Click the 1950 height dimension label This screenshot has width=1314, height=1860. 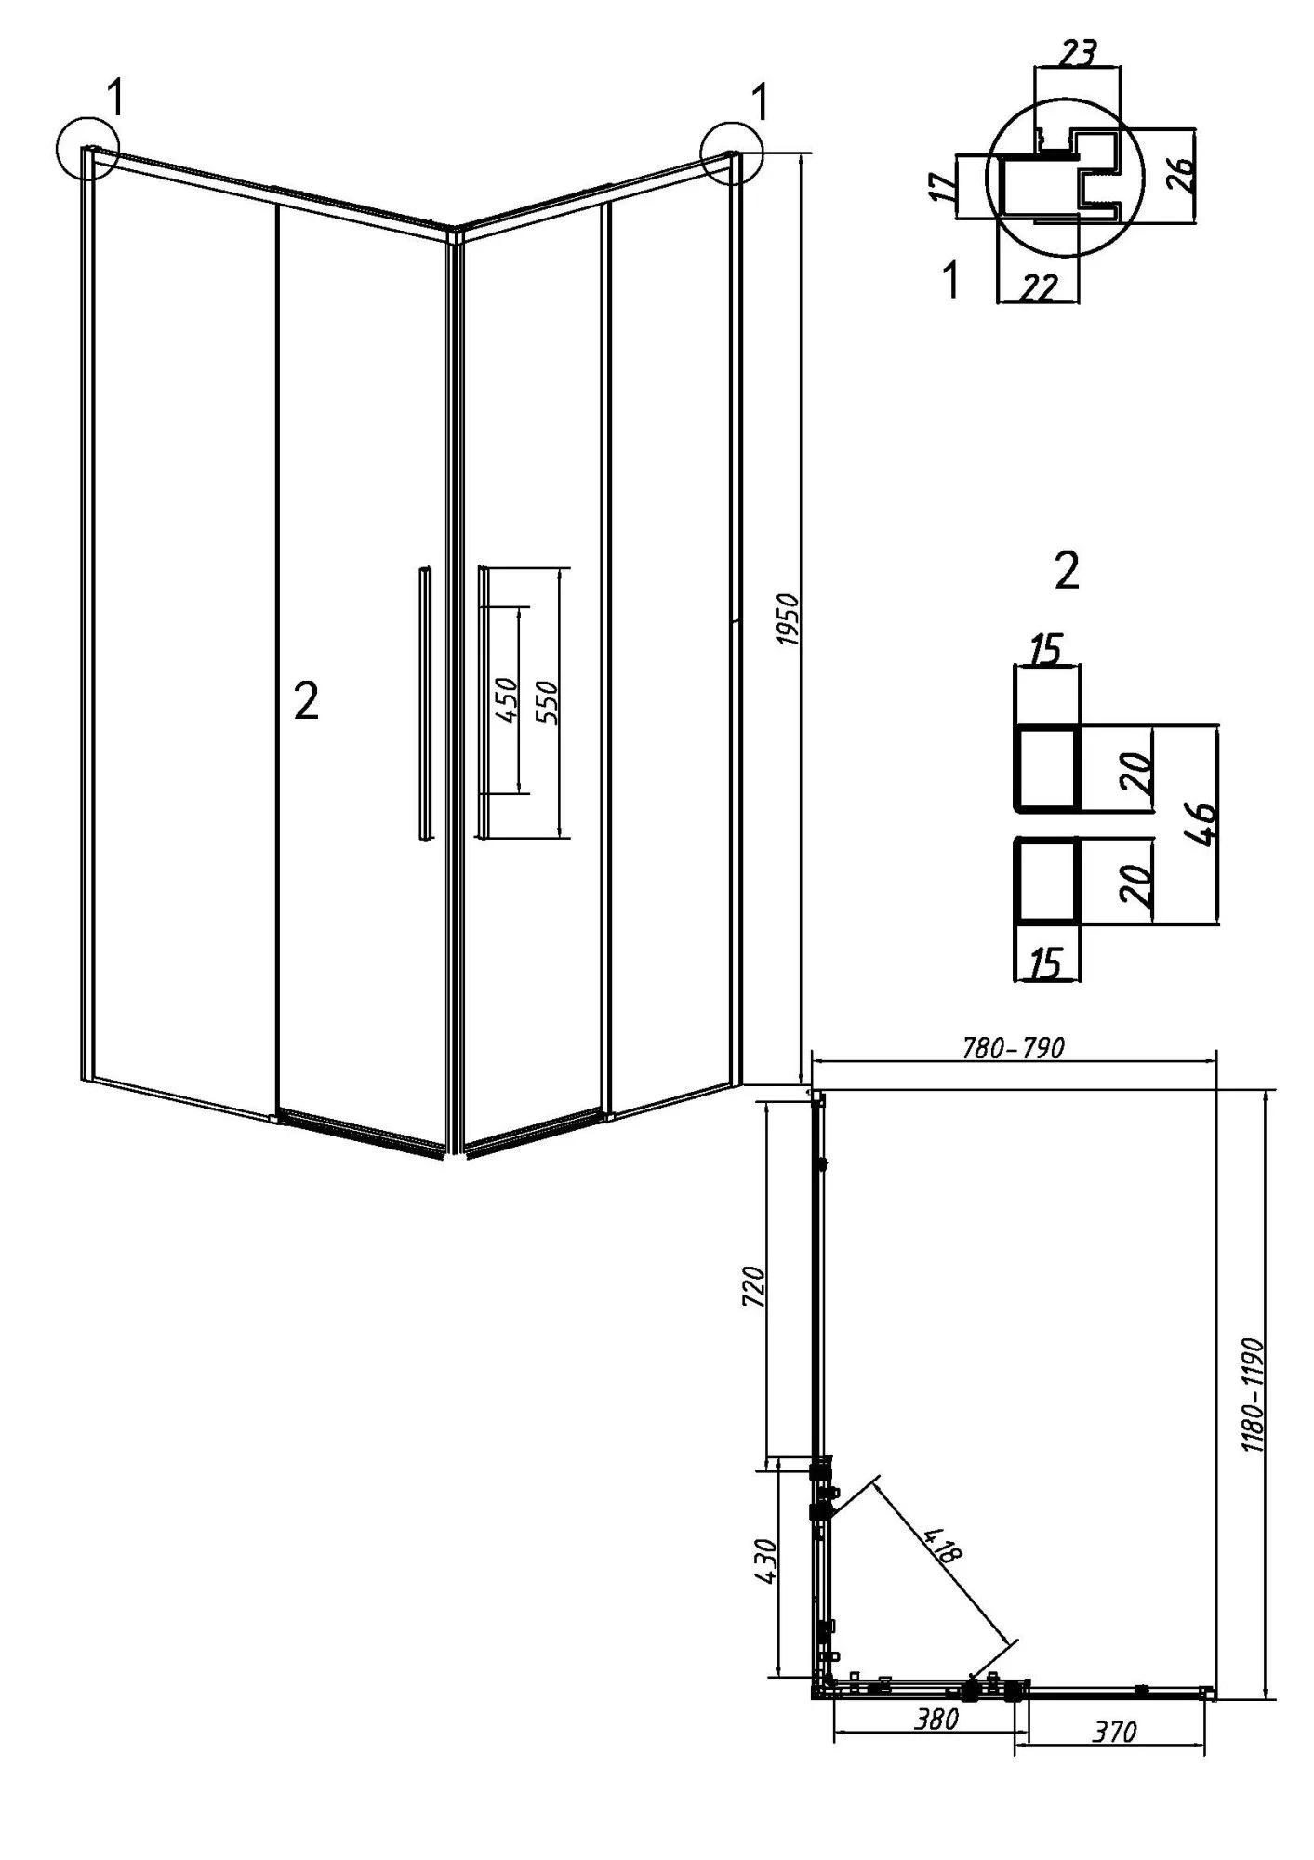787,618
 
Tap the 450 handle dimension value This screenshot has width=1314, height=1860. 506,699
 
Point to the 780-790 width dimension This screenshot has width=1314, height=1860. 1014,1047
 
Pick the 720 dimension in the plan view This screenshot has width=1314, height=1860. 754,1286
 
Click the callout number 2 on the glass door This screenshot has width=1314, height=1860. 306,699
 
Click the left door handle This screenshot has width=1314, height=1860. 423,704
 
